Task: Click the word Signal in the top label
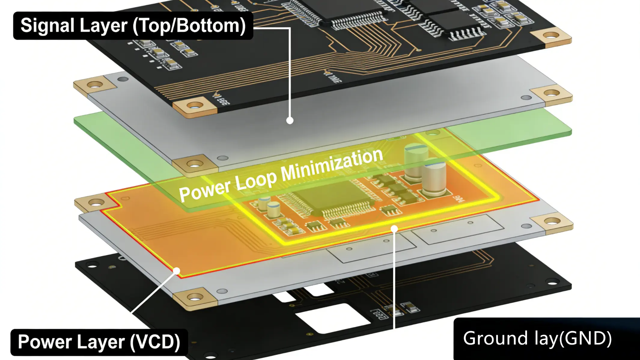click(47, 26)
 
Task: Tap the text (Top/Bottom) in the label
click(189, 26)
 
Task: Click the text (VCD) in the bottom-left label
click(155, 342)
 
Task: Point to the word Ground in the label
click(495, 338)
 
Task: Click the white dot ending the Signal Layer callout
click(290, 121)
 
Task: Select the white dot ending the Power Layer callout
click(177, 271)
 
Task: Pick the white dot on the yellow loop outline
click(394, 229)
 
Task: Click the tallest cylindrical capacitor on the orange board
click(416, 162)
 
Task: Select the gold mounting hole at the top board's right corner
click(551, 36)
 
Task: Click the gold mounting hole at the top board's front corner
click(195, 106)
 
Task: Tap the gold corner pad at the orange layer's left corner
click(96, 203)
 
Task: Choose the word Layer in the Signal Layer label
click(103, 26)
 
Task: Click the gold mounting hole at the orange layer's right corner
click(552, 221)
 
